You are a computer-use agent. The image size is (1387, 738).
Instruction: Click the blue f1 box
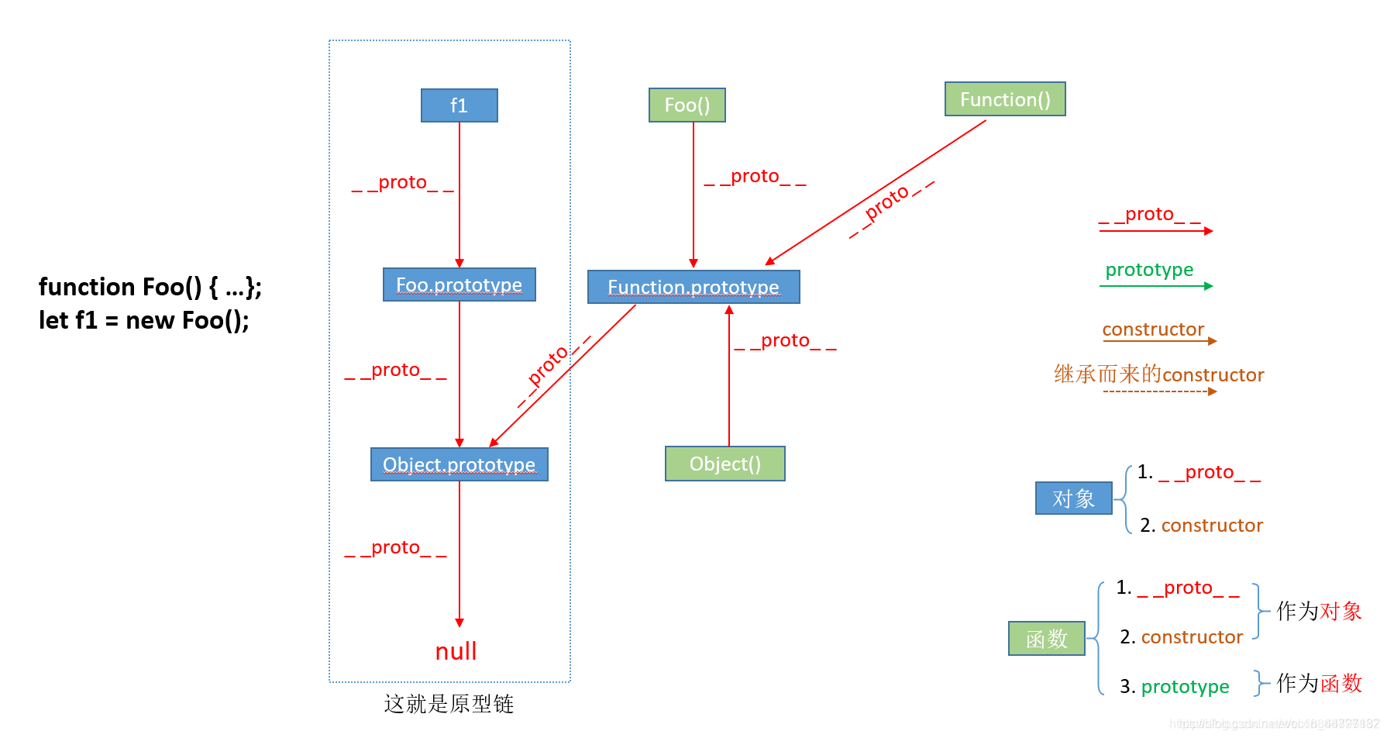click(x=459, y=105)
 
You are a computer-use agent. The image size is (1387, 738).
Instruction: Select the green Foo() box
click(x=687, y=105)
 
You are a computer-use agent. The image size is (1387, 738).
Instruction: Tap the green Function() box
click(x=1005, y=99)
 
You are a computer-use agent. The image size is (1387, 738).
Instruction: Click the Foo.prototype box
click(x=459, y=285)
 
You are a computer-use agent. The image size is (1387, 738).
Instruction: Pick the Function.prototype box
click(x=693, y=287)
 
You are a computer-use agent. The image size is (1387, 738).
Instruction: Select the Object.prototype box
click(x=459, y=464)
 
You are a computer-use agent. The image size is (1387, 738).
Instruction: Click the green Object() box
click(x=724, y=464)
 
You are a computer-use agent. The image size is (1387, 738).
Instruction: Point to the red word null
click(x=456, y=651)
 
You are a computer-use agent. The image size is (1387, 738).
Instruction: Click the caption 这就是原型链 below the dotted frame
click(x=449, y=704)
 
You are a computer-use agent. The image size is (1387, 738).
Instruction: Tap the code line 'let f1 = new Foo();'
click(x=144, y=320)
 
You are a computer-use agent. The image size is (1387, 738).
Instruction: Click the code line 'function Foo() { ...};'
click(x=150, y=287)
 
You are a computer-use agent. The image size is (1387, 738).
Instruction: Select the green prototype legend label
click(x=1149, y=270)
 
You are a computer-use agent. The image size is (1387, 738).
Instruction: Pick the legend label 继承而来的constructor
click(x=1158, y=374)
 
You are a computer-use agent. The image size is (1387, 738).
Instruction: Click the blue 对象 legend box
click(x=1073, y=498)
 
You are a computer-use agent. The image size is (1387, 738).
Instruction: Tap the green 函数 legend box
click(x=1046, y=639)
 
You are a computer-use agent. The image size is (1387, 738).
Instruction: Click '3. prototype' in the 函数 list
click(x=1175, y=687)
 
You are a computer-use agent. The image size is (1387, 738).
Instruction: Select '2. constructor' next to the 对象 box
click(x=1201, y=526)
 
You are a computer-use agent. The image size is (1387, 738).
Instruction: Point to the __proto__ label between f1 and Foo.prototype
click(x=402, y=183)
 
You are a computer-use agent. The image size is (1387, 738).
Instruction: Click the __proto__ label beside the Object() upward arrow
click(x=785, y=341)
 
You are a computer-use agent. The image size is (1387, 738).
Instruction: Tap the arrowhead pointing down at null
click(x=459, y=622)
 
